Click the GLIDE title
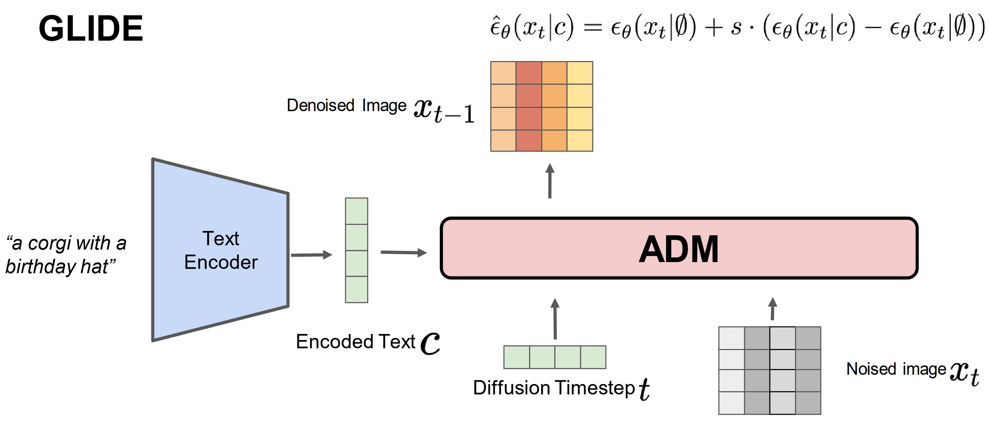(91, 28)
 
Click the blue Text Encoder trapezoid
(220, 250)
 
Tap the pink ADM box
(678, 248)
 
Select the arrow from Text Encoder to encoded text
(311, 255)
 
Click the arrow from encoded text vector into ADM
(403, 253)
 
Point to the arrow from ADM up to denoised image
(550, 181)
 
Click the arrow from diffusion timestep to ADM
(555, 318)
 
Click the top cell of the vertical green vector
(356, 211)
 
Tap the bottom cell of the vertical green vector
(356, 289)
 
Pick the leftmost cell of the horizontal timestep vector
(516, 357)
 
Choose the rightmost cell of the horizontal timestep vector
(593, 357)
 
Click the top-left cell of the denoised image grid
(503, 73)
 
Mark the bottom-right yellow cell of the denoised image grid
(580, 141)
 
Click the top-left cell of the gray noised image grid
(732, 338)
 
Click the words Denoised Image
(346, 105)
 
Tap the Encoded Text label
(355, 341)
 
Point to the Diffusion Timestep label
(554, 387)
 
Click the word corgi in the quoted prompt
(49, 243)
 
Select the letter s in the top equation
(736, 28)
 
